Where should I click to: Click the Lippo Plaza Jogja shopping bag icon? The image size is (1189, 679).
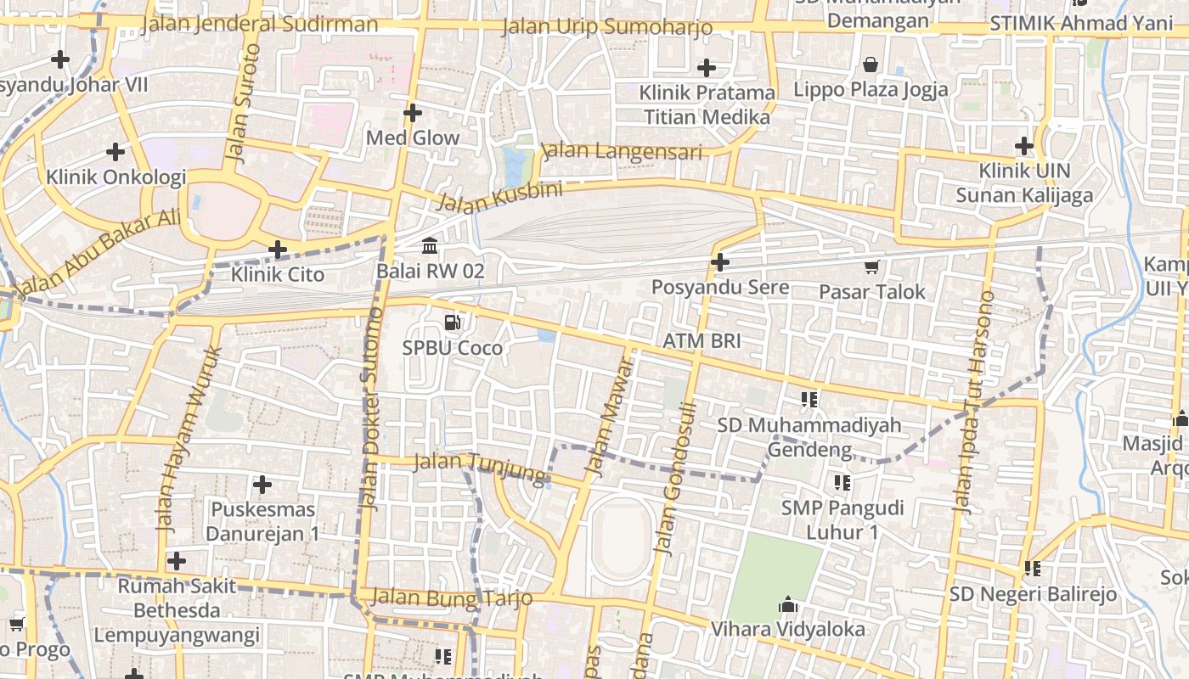pos(871,65)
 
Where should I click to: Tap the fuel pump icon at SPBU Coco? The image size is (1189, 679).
pos(453,323)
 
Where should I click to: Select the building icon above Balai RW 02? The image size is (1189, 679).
pos(430,246)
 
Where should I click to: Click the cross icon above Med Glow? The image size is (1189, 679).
pos(413,112)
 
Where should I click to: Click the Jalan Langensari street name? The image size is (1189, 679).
pos(622,152)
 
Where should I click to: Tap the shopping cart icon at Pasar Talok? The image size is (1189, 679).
pos(871,267)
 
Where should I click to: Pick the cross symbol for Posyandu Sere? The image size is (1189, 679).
pos(720,262)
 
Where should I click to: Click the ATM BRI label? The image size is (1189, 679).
pos(702,341)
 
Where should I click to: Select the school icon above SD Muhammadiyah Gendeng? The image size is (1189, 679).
pos(809,399)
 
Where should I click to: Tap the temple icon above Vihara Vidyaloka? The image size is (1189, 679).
pos(788,605)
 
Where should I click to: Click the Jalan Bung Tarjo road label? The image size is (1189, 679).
pos(452,598)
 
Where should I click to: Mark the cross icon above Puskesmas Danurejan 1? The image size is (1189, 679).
pos(262,485)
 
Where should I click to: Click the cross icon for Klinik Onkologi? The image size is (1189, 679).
pos(116,152)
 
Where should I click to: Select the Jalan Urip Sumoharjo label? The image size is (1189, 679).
pos(607,26)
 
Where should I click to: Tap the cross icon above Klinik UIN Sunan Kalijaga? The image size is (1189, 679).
pos(1024,146)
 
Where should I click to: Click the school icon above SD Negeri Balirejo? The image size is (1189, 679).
pos(1033,568)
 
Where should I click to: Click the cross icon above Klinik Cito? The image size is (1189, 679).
pos(278,250)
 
